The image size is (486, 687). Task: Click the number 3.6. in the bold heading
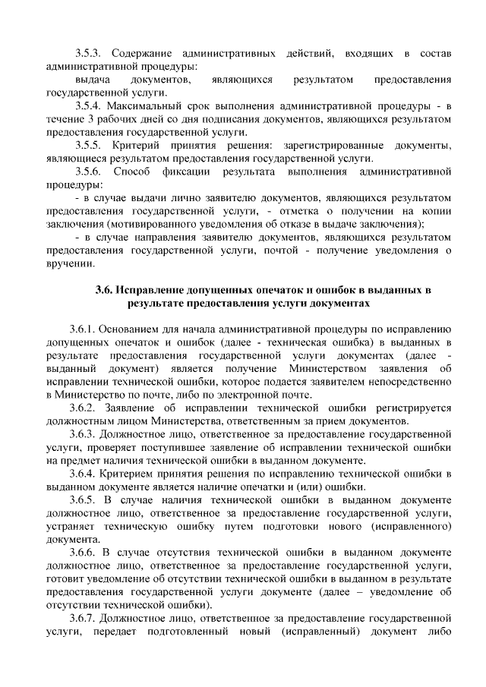point(106,289)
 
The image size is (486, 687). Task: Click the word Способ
point(132,172)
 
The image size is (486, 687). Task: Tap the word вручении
point(71,264)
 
